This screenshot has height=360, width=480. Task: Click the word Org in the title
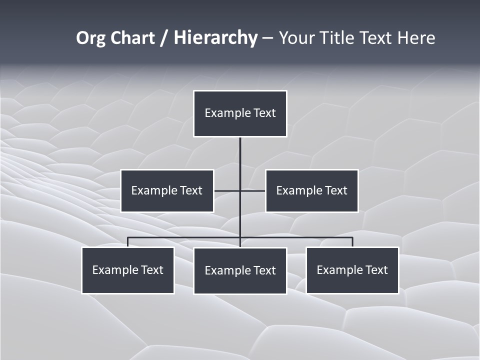point(90,38)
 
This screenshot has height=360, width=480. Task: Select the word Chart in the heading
point(131,38)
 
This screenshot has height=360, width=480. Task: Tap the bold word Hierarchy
point(215,38)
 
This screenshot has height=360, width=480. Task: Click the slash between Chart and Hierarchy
point(164,38)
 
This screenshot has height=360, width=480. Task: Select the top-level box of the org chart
point(240,113)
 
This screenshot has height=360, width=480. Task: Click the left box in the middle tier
point(167,190)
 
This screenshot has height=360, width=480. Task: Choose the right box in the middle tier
point(311,190)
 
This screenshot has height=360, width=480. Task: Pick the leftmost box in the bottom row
point(128,270)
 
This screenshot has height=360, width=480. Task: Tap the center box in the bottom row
point(240,270)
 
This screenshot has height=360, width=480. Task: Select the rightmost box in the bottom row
point(352,270)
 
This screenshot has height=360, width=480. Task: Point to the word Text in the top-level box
point(264,113)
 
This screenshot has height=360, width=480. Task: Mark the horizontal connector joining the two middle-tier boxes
point(227,190)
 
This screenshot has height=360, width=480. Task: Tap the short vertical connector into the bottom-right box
point(352,242)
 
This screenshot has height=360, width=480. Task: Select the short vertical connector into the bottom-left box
point(128,242)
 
